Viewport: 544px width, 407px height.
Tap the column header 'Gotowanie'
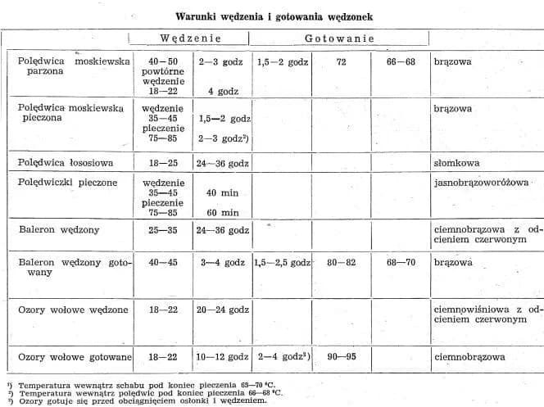(x=340, y=38)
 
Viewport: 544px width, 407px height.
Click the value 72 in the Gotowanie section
(x=340, y=61)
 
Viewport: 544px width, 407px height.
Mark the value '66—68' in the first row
(x=399, y=61)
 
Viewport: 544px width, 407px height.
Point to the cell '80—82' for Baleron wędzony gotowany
(x=340, y=264)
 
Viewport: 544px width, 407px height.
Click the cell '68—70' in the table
(x=399, y=264)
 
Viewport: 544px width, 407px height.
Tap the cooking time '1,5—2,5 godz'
(x=282, y=264)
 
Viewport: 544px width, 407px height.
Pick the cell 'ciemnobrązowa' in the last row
(x=469, y=357)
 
